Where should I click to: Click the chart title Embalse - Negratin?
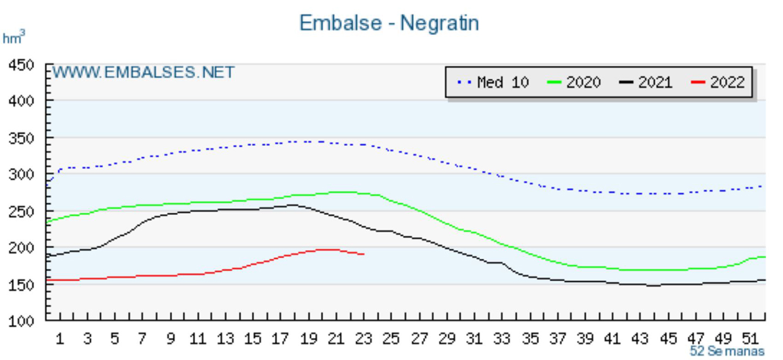click(x=389, y=23)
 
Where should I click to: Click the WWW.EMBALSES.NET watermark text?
click(x=144, y=72)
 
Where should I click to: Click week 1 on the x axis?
click(x=60, y=339)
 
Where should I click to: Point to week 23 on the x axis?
click(x=364, y=339)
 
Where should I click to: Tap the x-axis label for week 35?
click(x=530, y=339)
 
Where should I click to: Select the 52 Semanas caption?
click(x=727, y=351)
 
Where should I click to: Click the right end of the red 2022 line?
click(x=363, y=254)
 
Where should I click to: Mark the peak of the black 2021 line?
click(x=293, y=205)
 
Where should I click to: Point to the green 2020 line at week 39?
click(x=585, y=266)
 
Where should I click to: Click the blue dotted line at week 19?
click(x=309, y=142)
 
